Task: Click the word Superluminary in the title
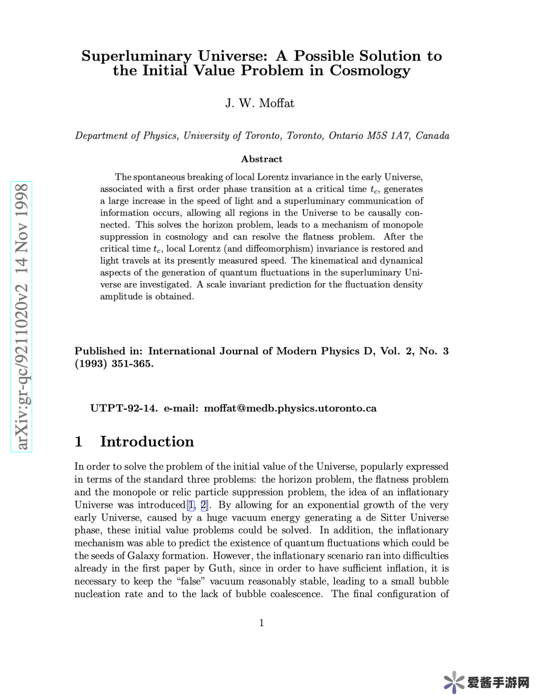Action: (136, 56)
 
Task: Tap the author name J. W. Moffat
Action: (260, 103)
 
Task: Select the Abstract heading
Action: (262, 159)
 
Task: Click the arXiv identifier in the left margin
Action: (21, 316)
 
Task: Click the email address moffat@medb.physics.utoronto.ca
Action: (290, 408)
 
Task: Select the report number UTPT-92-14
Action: (124, 408)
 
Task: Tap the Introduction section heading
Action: (147, 442)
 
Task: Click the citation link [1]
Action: (191, 505)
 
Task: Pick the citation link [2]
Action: (204, 505)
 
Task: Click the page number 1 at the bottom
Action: (262, 623)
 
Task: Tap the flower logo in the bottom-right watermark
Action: (454, 682)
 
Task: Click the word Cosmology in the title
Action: (370, 71)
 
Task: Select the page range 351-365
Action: (132, 364)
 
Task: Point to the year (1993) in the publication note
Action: (91, 364)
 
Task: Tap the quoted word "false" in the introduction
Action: (191, 581)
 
